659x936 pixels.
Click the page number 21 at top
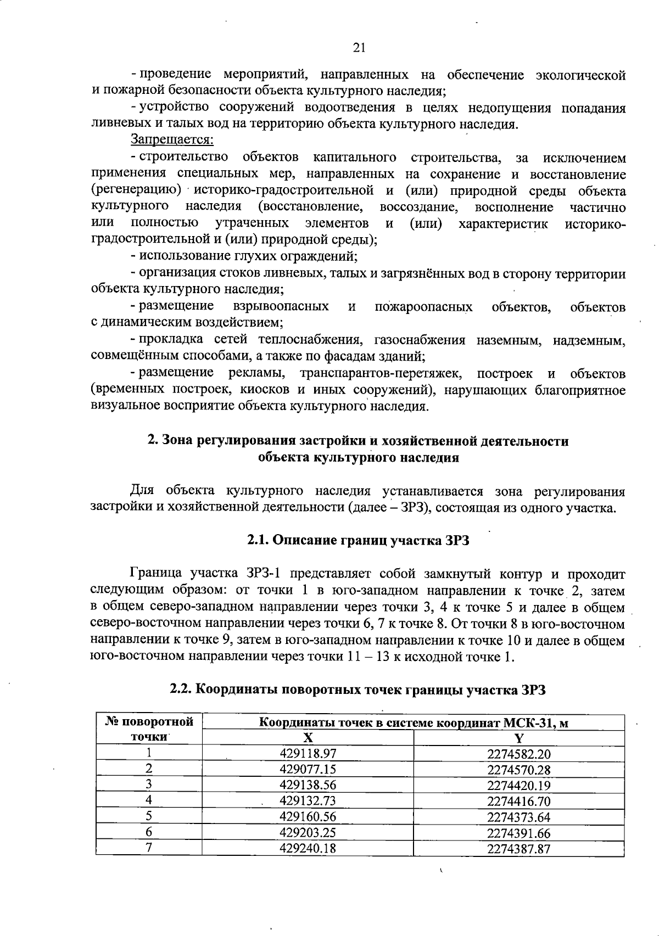tap(359, 48)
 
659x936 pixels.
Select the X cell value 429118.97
tap(308, 754)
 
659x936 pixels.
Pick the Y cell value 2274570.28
tap(518, 770)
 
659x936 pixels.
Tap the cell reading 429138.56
tap(308, 785)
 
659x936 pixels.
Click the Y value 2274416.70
tap(518, 801)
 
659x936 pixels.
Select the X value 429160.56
tap(308, 817)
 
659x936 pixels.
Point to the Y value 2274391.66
tap(518, 833)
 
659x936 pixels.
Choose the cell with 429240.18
tap(308, 848)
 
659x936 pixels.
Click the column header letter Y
tap(518, 738)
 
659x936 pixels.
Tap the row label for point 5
tap(149, 817)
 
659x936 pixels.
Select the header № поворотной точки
tap(149, 729)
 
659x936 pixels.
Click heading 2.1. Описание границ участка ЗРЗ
tap(358, 540)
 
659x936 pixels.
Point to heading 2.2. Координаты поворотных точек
tap(358, 690)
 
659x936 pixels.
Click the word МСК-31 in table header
tap(527, 722)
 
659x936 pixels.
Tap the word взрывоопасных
tap(281, 306)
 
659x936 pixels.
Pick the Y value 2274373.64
tap(518, 817)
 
